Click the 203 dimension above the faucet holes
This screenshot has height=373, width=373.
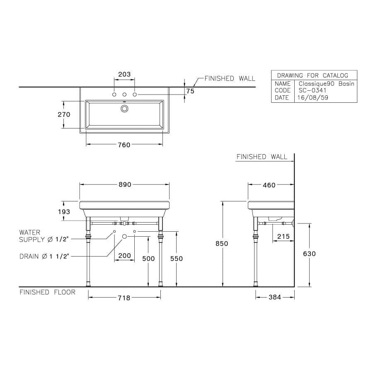tap(124, 75)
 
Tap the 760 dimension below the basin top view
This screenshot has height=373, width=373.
tap(124, 145)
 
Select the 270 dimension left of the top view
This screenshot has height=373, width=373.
tap(64, 114)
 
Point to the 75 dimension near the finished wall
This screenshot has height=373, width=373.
tap(190, 91)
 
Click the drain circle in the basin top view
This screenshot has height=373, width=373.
tap(124, 109)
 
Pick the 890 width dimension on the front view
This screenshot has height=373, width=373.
tap(125, 184)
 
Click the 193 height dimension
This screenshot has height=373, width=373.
tap(64, 212)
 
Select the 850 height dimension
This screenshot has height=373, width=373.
tap(222, 244)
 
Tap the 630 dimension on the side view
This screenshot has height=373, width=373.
tap(309, 254)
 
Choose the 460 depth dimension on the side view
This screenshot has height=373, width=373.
tap(269, 185)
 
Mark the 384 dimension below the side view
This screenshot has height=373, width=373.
tap(275, 297)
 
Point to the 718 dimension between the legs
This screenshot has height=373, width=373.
tap(124, 298)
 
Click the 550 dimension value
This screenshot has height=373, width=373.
tap(177, 259)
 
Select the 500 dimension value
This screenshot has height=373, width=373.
tap(148, 259)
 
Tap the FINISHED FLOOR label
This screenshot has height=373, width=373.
tap(48, 292)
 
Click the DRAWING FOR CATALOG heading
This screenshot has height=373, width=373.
tap(312, 75)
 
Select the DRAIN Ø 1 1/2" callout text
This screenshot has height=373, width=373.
tap(44, 257)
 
